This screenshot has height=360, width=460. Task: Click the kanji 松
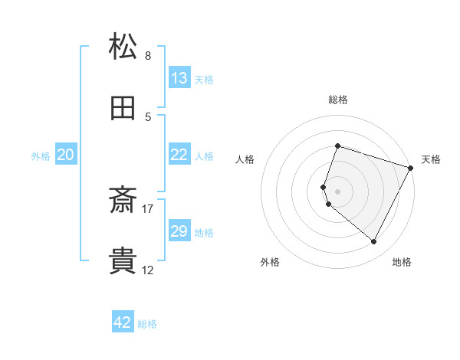tap(123, 46)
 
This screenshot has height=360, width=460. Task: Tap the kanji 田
tap(123, 108)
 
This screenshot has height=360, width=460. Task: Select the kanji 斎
tap(123, 201)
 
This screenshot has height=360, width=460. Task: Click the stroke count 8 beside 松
tap(148, 56)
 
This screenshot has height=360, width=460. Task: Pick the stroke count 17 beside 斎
tap(149, 208)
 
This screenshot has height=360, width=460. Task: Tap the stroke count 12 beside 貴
tap(148, 270)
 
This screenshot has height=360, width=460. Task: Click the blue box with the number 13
tap(179, 78)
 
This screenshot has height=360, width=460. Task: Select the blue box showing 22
tap(179, 155)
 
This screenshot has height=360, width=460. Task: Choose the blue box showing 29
tap(179, 231)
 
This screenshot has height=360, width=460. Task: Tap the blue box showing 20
tap(65, 155)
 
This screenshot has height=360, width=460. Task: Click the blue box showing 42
tap(123, 322)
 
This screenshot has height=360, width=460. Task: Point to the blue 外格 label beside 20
tap(41, 155)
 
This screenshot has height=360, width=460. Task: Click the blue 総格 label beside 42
tap(147, 324)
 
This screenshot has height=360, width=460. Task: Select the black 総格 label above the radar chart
tap(338, 100)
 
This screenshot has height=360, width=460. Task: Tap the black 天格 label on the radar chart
tap(431, 159)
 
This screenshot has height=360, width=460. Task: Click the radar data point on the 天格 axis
tap(412, 167)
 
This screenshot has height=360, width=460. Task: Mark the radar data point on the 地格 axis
tap(373, 242)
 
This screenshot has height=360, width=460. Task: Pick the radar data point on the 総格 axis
tap(337, 146)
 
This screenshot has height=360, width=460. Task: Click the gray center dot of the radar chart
tap(337, 191)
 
